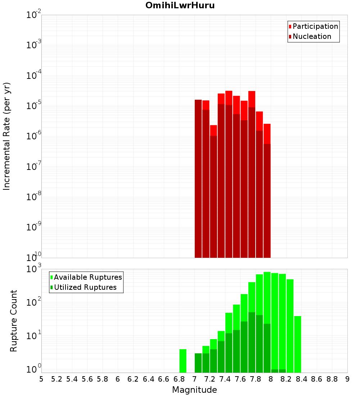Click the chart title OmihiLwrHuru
[x=180, y=6]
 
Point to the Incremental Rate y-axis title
[x=7, y=136]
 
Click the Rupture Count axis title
[x=14, y=321]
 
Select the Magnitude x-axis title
[x=194, y=390]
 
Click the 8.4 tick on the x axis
[x=301, y=379]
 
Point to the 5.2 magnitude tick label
[x=57, y=379]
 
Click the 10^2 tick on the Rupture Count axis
[x=34, y=302]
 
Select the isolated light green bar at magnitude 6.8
[x=183, y=361]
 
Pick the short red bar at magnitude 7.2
[x=213, y=130]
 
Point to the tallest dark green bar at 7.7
[x=252, y=342]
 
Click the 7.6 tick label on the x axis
[x=240, y=379]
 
